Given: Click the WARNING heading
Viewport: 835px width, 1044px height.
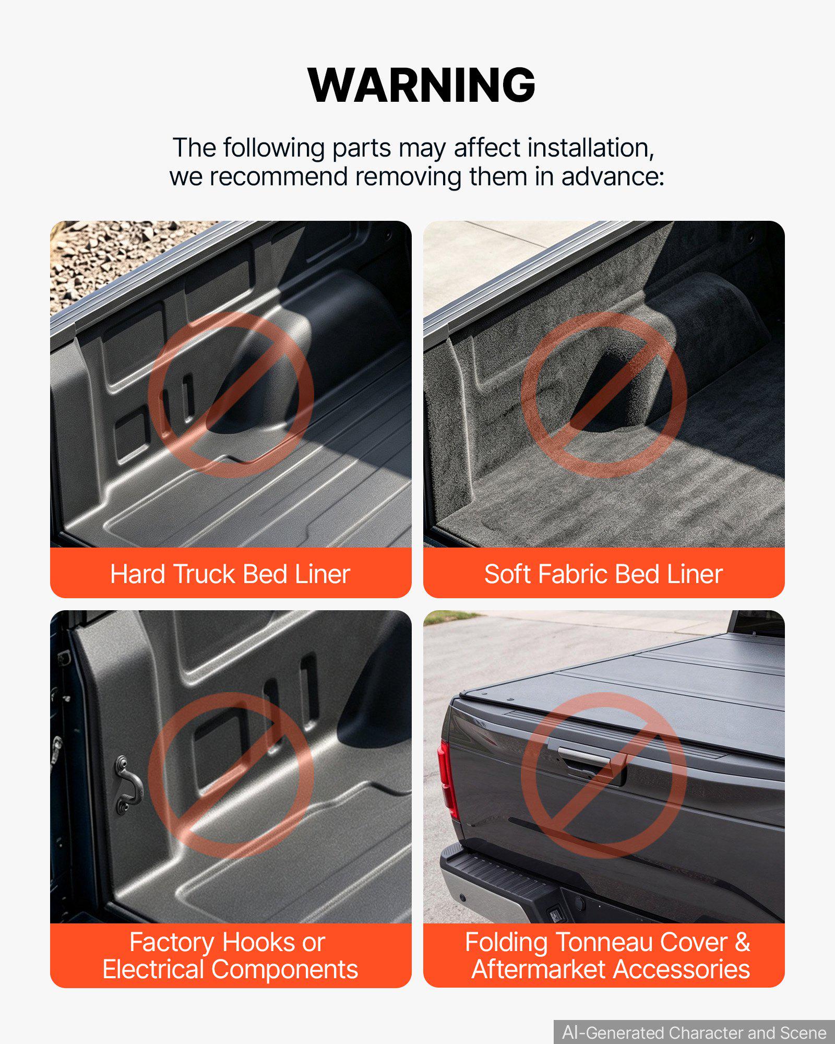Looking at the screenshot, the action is (x=422, y=85).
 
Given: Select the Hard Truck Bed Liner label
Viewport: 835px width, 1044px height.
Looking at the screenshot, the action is (x=230, y=574).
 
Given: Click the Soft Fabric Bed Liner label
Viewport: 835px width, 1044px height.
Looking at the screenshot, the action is (x=603, y=574).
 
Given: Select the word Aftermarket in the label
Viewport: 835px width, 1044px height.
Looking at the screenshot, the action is (x=539, y=969).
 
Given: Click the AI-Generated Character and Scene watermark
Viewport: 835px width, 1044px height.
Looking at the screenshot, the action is (x=694, y=1033).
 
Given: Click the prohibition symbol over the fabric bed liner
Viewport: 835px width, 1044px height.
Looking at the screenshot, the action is (x=604, y=395).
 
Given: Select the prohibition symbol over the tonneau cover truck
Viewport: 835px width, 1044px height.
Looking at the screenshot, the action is (x=604, y=775).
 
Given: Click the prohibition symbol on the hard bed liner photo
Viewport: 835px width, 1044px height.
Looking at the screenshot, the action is (x=231, y=395).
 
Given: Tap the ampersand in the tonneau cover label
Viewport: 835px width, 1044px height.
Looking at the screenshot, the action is (x=742, y=942).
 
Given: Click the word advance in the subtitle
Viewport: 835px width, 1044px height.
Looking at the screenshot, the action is (x=613, y=176).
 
